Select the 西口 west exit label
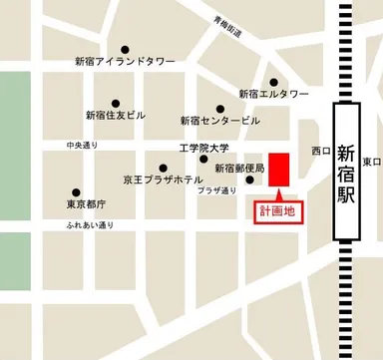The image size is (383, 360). [x=319, y=152]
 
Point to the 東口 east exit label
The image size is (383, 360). [x=371, y=162]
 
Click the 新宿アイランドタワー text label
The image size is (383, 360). [x=125, y=62]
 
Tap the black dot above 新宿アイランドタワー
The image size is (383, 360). [x=125, y=49]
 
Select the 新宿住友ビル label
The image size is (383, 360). [x=116, y=115]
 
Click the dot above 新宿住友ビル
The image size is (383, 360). [x=116, y=102]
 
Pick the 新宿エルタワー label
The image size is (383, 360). [x=273, y=94]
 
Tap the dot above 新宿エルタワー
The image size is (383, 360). [x=273, y=82]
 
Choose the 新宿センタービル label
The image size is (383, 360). [x=219, y=121]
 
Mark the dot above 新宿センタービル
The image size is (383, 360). [x=220, y=108]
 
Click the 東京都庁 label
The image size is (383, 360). [x=88, y=203]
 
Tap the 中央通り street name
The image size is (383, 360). [x=85, y=144]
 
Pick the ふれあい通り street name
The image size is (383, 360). [x=91, y=225]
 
